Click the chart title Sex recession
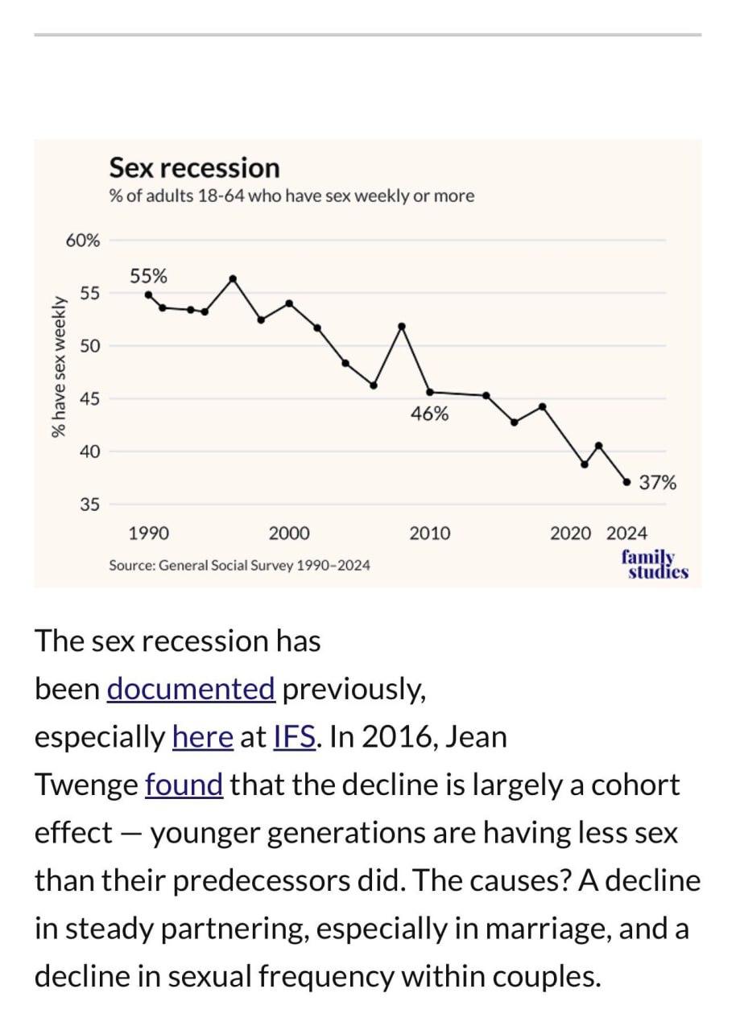click(194, 168)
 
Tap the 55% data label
click(148, 277)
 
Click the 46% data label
click(429, 414)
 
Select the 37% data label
click(657, 483)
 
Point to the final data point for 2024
click(626, 483)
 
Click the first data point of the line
click(148, 295)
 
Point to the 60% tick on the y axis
click(83, 241)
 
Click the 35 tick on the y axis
click(89, 505)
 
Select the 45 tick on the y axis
click(89, 399)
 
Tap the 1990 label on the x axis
click(149, 534)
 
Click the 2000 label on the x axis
click(289, 534)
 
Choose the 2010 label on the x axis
click(430, 534)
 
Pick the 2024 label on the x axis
click(626, 534)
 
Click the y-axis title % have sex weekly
click(58, 367)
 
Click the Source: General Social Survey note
click(240, 566)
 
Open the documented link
click(191, 689)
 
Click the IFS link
click(295, 736)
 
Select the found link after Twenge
click(184, 785)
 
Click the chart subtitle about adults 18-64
click(292, 196)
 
